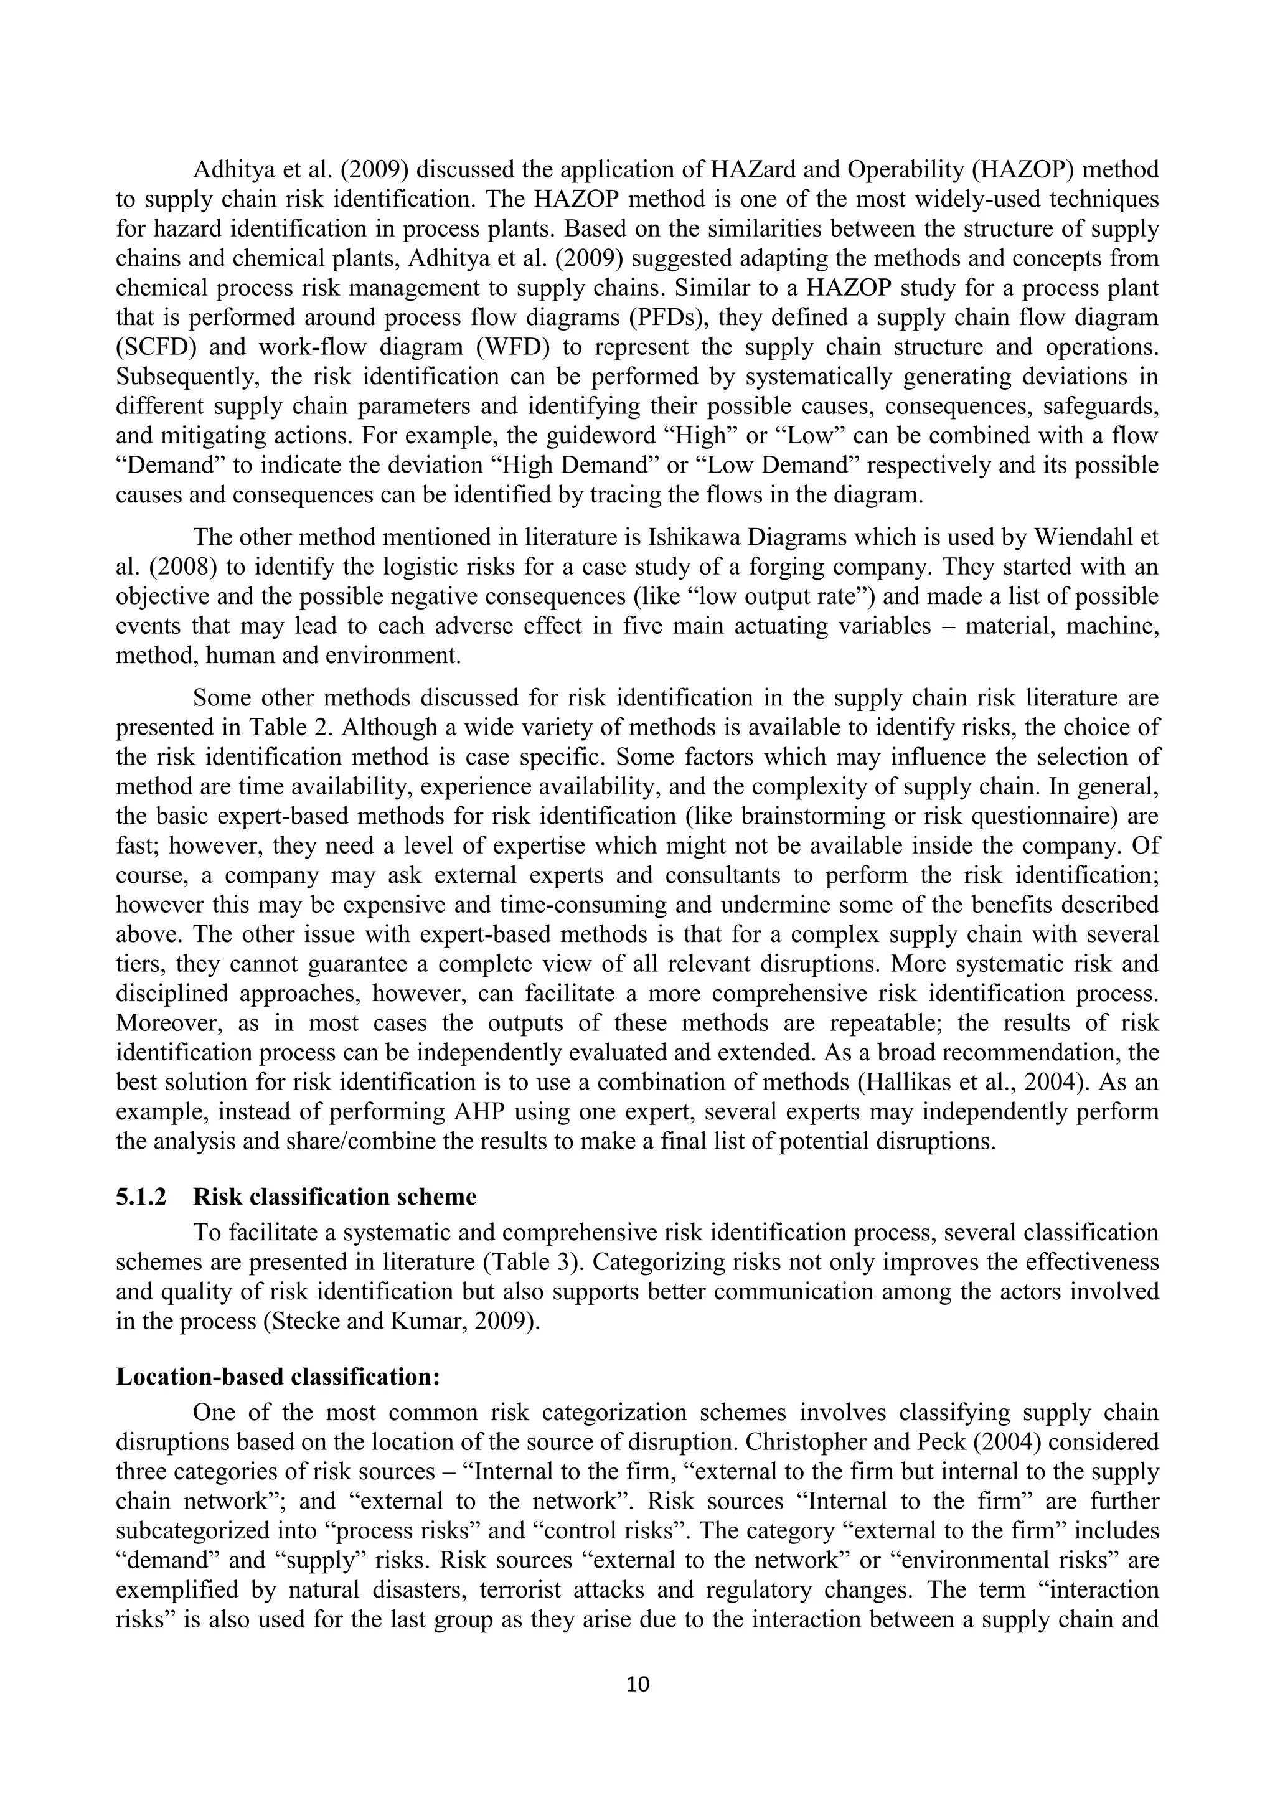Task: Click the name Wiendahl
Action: point(1089,537)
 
